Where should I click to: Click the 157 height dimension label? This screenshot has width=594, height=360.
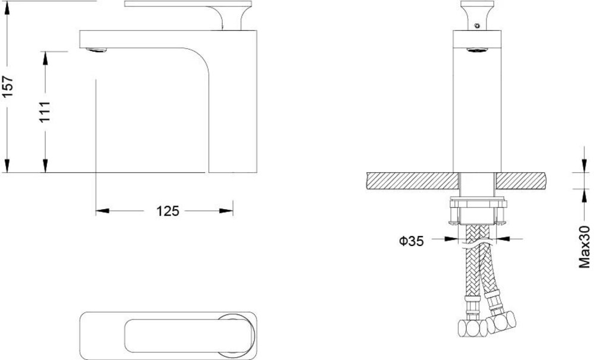8,86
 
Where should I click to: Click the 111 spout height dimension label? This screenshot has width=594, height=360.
45,112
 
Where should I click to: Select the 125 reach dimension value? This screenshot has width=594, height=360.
168,211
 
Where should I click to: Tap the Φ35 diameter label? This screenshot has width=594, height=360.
411,241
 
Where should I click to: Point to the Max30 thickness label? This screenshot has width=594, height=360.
584,247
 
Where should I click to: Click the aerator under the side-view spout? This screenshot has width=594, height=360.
96,50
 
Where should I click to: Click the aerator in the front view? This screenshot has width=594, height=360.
477,50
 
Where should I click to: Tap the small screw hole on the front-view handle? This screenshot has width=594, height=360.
477,26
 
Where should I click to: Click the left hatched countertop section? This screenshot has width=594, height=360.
413,181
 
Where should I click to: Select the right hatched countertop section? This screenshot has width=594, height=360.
522,181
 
